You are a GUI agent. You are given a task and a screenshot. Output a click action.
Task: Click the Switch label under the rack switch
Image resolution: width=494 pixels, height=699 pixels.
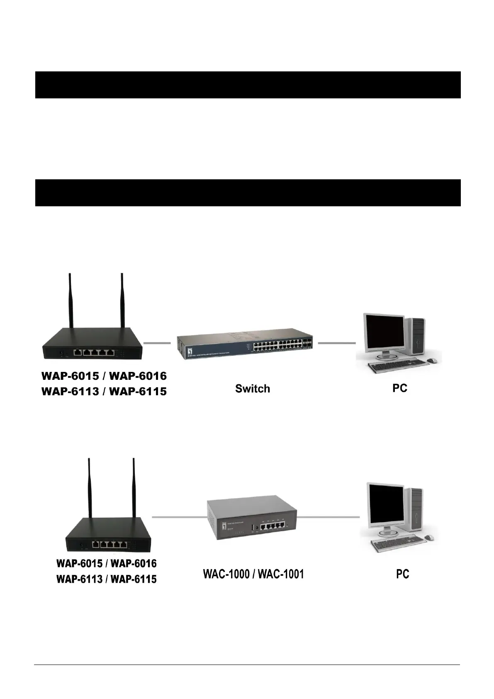click(252, 389)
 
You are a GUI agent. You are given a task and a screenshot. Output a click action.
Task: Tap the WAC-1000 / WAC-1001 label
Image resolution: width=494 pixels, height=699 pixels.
click(253, 574)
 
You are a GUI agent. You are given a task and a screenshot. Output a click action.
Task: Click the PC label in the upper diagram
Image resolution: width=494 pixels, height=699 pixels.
click(400, 388)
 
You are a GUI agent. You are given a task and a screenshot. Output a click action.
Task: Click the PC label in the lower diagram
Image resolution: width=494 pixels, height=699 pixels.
click(402, 574)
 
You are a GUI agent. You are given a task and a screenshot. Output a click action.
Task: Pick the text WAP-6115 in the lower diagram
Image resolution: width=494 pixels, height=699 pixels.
click(134, 579)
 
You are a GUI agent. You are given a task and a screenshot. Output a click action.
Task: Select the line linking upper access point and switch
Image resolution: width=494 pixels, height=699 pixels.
click(157, 343)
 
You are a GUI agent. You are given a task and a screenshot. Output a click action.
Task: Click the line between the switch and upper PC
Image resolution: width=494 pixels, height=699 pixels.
click(337, 343)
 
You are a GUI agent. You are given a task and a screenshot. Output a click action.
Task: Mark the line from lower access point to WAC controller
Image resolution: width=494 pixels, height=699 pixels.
click(178, 517)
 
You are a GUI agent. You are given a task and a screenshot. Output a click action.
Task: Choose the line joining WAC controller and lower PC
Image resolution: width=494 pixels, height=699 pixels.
click(329, 517)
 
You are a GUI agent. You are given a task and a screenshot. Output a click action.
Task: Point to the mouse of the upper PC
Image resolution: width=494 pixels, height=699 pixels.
click(432, 360)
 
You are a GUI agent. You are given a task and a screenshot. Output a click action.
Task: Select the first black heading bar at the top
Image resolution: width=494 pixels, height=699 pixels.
click(248, 85)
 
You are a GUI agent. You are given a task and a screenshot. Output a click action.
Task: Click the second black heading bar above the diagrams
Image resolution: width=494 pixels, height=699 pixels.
click(248, 193)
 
